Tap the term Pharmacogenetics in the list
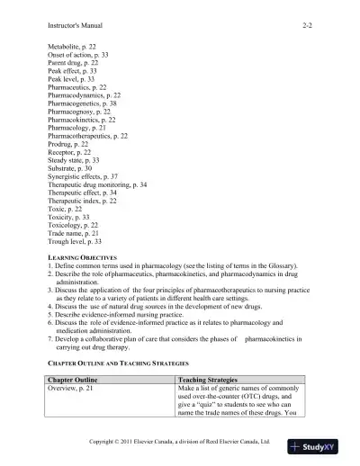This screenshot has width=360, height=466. pyautogui.click(x=90, y=103)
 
